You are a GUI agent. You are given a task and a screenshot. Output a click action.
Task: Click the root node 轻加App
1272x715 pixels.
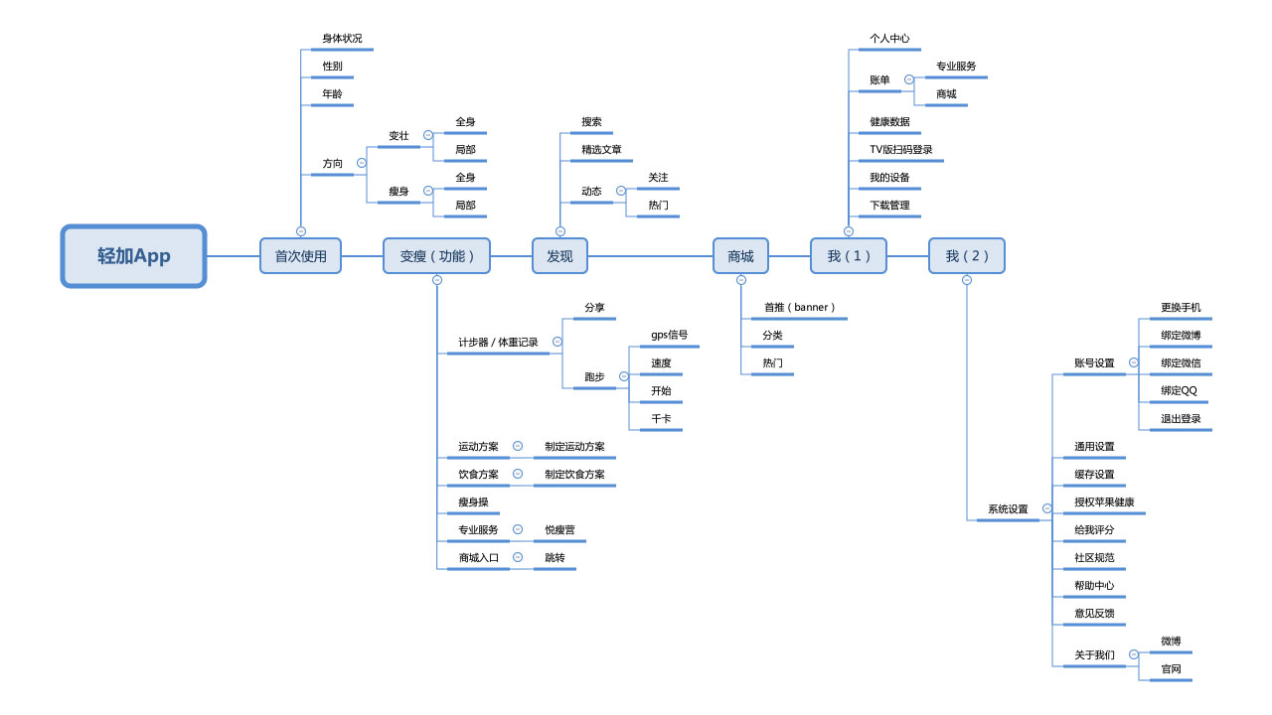134,256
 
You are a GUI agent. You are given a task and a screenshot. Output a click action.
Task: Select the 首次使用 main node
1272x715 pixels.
300,256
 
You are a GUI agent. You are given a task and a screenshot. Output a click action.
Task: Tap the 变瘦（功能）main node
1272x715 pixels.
437,256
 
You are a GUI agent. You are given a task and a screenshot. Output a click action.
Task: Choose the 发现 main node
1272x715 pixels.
559,256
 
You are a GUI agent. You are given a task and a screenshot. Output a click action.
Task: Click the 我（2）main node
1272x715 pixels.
966,256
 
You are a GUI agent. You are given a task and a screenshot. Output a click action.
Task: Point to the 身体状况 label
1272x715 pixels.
342,39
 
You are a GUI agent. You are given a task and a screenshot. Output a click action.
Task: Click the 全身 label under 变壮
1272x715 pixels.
465,122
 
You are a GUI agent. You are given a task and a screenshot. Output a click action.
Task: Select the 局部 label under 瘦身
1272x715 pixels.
465,206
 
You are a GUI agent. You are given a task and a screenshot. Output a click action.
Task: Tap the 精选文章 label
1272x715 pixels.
601,150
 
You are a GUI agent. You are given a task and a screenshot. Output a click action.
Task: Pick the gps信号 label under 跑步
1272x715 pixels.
669,336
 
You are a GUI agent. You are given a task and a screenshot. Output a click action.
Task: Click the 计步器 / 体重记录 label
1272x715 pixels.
498,343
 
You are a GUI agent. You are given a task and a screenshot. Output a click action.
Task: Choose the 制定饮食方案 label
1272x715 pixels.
574,475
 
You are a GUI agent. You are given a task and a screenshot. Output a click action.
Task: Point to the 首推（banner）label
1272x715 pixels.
799,308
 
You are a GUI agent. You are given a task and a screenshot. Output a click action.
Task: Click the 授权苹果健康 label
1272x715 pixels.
1104,502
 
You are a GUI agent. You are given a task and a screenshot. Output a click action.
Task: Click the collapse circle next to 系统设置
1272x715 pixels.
1046,508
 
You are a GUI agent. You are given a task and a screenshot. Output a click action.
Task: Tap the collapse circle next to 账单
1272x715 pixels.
908,79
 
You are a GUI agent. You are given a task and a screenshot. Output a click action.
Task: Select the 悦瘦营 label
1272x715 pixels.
559,530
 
